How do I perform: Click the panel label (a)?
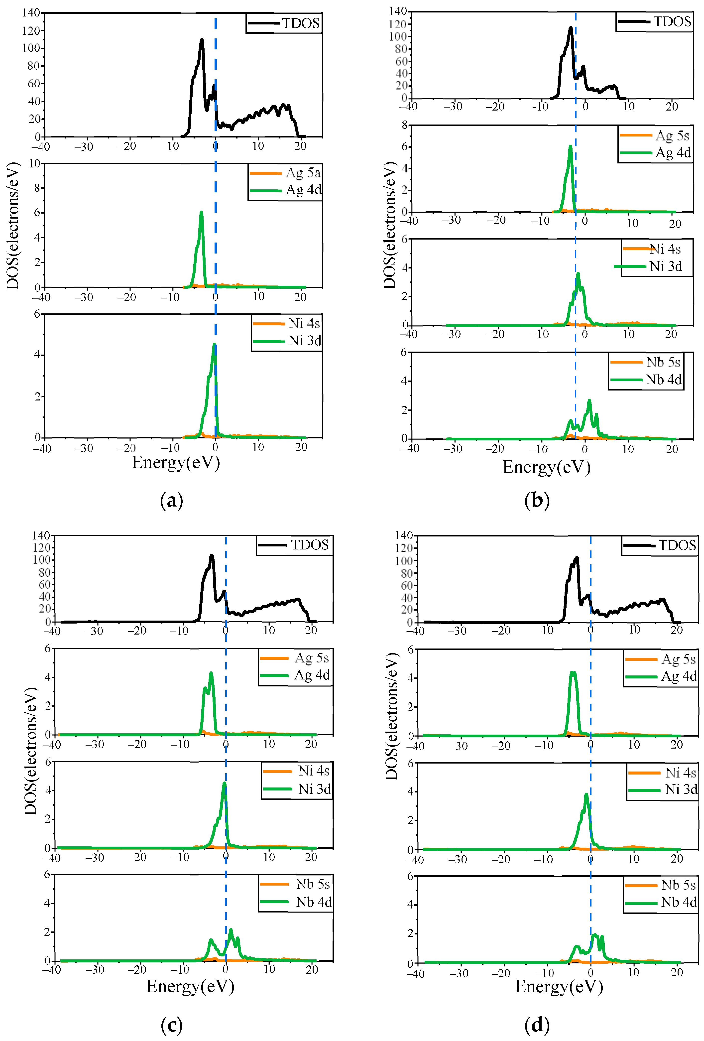point(172,500)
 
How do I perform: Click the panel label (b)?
point(537,500)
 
